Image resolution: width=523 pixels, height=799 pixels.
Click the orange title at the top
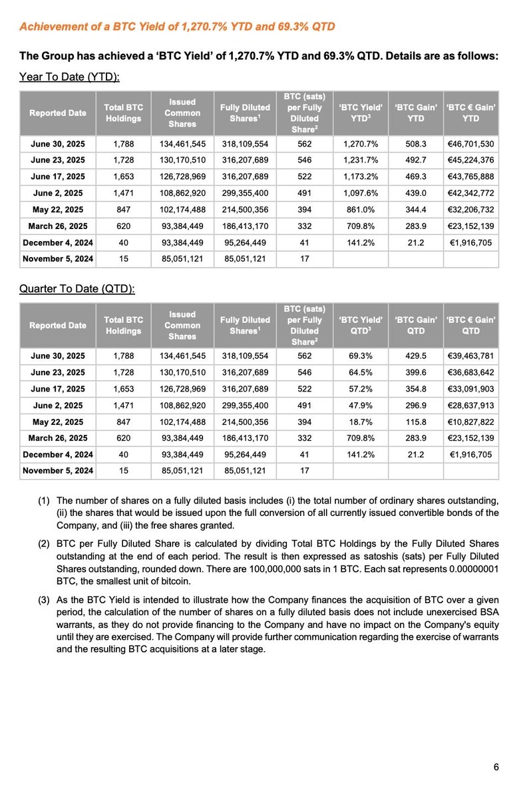pos(177,27)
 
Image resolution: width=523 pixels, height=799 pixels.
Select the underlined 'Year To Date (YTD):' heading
pos(69,77)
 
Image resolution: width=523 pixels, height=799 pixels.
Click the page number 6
pos(496,768)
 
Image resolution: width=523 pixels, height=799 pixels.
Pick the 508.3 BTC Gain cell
pos(417,144)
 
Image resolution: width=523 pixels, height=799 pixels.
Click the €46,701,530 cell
pos(470,144)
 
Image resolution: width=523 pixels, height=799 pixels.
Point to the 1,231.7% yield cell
pos(361,160)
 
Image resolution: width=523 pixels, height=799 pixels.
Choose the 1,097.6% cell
pos(361,192)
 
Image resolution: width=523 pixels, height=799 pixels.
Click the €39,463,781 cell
pos(470,356)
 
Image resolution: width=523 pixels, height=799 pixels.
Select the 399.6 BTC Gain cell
pos(417,372)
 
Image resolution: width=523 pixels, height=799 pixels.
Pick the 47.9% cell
pos(361,405)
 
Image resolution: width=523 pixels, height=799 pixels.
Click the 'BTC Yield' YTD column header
pos(361,113)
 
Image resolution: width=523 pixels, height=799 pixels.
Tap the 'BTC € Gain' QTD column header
pos(470,325)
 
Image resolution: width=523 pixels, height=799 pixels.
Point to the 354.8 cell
pos(417,388)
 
